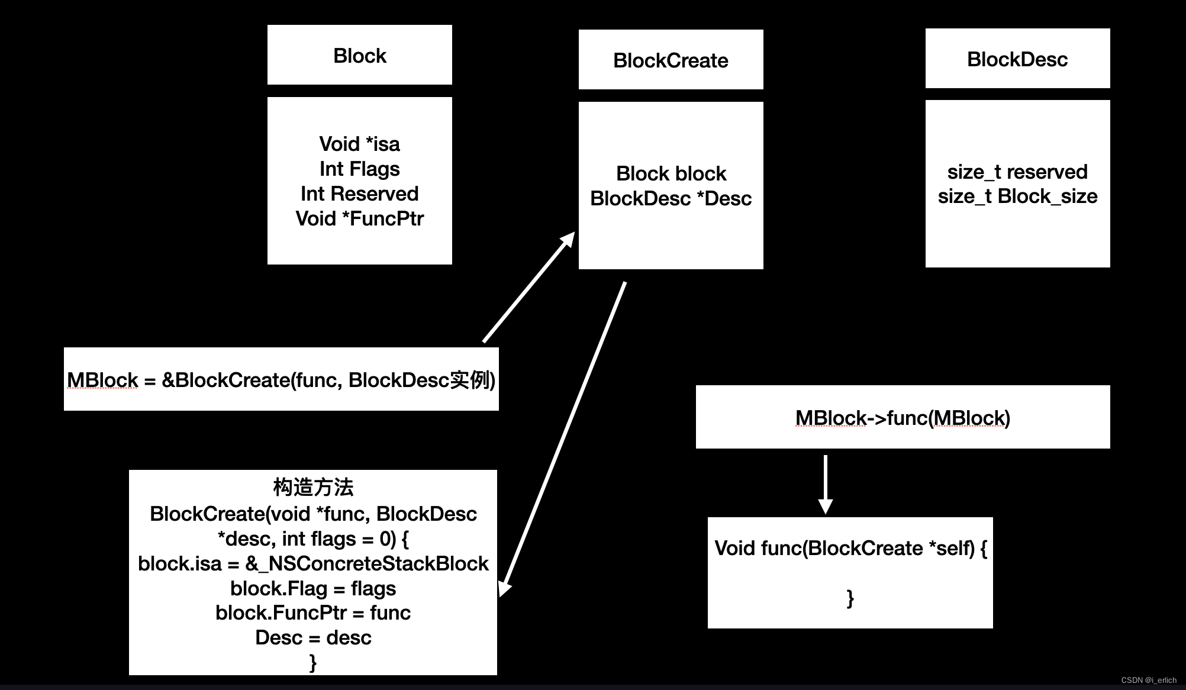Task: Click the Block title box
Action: (x=359, y=55)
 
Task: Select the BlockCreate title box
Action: (x=671, y=60)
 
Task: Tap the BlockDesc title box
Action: (x=1017, y=59)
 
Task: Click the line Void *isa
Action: (x=359, y=144)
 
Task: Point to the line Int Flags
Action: (x=359, y=169)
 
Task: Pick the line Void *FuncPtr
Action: (x=359, y=218)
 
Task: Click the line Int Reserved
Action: (x=359, y=194)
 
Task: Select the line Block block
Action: (x=671, y=173)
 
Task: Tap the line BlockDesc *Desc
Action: (x=671, y=198)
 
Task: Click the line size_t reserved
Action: (x=1017, y=172)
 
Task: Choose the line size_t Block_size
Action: (x=1017, y=196)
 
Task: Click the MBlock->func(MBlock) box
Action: (x=903, y=417)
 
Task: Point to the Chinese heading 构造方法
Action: (x=313, y=487)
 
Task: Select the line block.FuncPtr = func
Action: (x=313, y=612)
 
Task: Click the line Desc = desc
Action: (x=313, y=637)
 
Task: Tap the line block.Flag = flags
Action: (x=313, y=588)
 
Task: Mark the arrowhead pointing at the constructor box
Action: (x=505, y=589)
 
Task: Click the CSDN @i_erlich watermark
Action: (x=1149, y=680)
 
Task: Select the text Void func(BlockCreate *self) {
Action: (x=850, y=548)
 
